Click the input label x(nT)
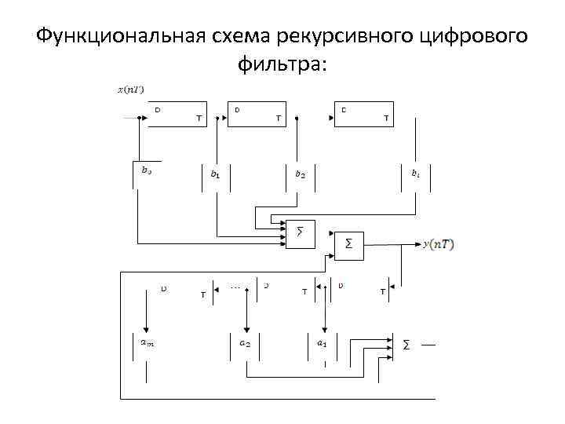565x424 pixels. pos(130,90)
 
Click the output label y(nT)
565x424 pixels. pos(438,244)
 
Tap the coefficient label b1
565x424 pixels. pos(215,174)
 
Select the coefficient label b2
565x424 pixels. pos(300,174)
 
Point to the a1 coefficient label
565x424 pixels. pos(321,343)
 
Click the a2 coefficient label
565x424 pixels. pos(245,343)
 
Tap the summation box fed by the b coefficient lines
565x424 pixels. pos(300,232)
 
